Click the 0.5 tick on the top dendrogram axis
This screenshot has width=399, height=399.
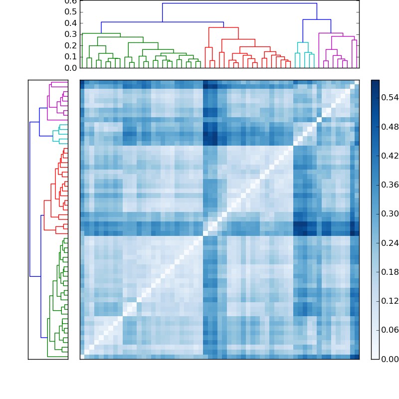[71, 12]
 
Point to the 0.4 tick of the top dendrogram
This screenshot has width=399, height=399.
[71, 23]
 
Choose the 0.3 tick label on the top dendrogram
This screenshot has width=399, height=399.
[71, 34]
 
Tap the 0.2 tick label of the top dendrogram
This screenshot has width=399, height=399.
[71, 45]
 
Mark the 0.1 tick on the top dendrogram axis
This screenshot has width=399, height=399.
[71, 56]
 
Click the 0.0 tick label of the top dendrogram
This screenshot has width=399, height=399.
[71, 67]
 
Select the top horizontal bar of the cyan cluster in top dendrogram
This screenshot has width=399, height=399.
[303, 42]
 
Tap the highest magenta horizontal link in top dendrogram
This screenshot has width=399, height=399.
[331, 33]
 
